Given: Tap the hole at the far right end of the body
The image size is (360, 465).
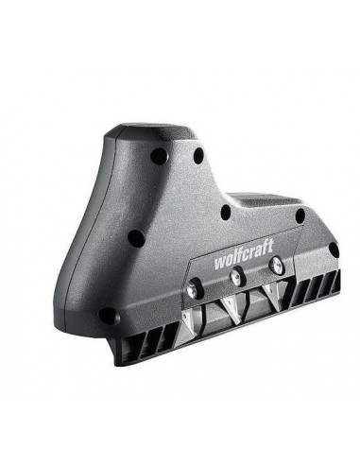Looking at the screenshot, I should (x=332, y=250).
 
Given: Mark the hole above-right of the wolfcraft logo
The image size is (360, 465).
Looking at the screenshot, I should (x=300, y=216).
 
